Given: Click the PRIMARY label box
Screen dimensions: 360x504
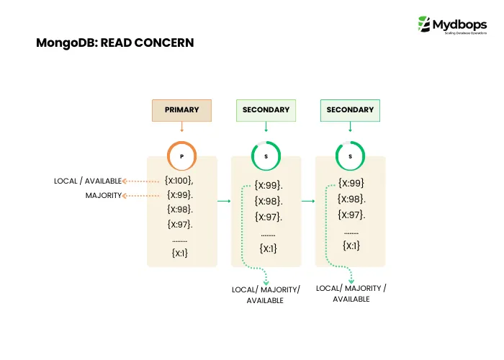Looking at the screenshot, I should pyautogui.click(x=181, y=110).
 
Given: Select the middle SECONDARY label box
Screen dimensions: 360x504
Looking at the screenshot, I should pyautogui.click(x=266, y=110).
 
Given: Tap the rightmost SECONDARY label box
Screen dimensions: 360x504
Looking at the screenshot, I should pyautogui.click(x=350, y=110).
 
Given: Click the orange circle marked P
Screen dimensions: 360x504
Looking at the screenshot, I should pyautogui.click(x=181, y=156).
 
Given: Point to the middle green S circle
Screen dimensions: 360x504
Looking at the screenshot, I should pyautogui.click(x=266, y=156).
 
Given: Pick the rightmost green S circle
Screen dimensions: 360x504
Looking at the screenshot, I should pyautogui.click(x=350, y=156).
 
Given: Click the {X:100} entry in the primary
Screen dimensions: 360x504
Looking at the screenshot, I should pyautogui.click(x=180, y=180).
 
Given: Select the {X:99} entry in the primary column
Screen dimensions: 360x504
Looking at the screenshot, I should pyautogui.click(x=180, y=194).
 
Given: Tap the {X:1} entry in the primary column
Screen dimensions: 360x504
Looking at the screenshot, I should pyautogui.click(x=180, y=253).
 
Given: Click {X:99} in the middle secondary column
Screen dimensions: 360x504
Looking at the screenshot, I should pyautogui.click(x=268, y=185).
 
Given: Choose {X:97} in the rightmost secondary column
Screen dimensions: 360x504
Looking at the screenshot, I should pyautogui.click(x=352, y=215).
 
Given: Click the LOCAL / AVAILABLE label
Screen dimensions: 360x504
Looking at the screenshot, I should pyautogui.click(x=88, y=181).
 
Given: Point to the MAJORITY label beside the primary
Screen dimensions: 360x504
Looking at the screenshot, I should pyautogui.click(x=104, y=196).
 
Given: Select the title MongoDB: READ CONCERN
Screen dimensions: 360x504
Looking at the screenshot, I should pyautogui.click(x=115, y=43).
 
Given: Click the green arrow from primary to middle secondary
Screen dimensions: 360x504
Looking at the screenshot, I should pyautogui.click(x=224, y=201).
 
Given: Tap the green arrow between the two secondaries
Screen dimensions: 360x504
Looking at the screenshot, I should pyautogui.click(x=308, y=201).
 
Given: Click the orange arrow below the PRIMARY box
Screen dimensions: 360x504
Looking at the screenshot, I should pyautogui.click(x=181, y=127).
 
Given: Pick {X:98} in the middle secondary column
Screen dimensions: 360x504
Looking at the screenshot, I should pyautogui.click(x=268, y=201).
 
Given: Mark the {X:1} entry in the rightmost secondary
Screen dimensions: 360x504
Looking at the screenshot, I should pyautogui.click(x=352, y=246).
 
